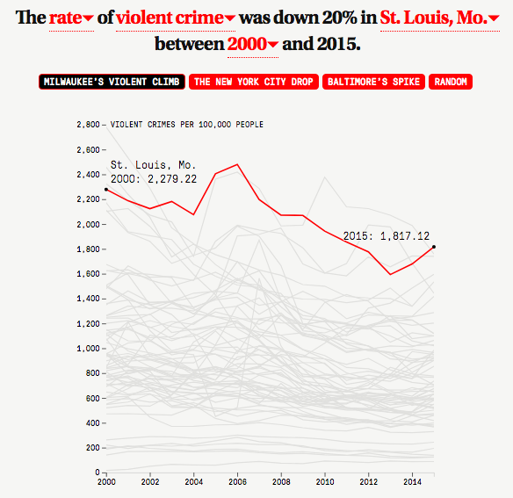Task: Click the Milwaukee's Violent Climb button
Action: [x=112, y=82]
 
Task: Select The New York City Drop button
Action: [x=254, y=82]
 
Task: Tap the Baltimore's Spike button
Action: [x=373, y=82]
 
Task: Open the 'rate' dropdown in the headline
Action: [x=71, y=18]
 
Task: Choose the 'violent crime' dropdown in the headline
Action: [x=176, y=18]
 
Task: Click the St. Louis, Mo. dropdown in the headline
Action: [x=440, y=18]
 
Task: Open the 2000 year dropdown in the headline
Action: [x=253, y=44]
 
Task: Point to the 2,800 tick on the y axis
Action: [x=104, y=125]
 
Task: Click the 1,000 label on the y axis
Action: [x=88, y=349]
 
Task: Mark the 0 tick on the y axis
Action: [x=104, y=473]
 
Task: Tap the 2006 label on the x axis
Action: [x=237, y=481]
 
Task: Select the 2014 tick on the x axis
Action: [x=412, y=474]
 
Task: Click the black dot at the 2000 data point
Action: [x=106, y=190]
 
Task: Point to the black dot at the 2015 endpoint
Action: [x=434, y=247]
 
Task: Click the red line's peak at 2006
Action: [x=237, y=164]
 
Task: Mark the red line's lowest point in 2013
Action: [x=390, y=274]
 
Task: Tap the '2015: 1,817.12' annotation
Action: [x=386, y=236]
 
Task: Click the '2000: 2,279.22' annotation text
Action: [x=154, y=179]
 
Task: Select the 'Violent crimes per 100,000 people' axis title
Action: [x=187, y=125]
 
